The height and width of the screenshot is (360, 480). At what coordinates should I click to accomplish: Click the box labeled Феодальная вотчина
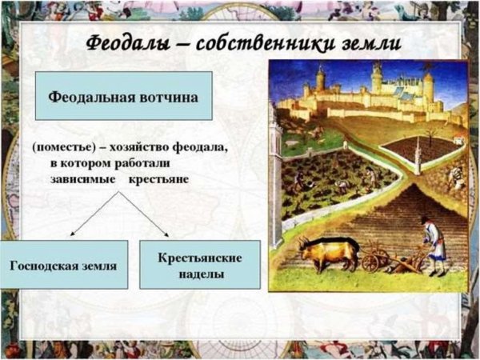coord(123,95)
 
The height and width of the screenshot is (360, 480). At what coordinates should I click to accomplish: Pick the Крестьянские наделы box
coord(199,265)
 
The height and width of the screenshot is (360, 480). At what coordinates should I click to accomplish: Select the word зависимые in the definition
coord(82,178)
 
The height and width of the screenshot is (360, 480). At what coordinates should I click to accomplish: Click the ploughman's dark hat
coord(426,219)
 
